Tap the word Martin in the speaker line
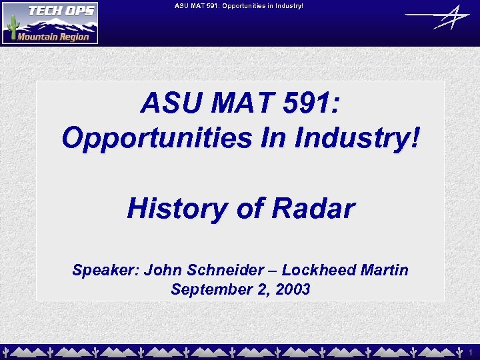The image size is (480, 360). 384,270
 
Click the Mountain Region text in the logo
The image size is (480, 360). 53,37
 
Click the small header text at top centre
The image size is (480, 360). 239,6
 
